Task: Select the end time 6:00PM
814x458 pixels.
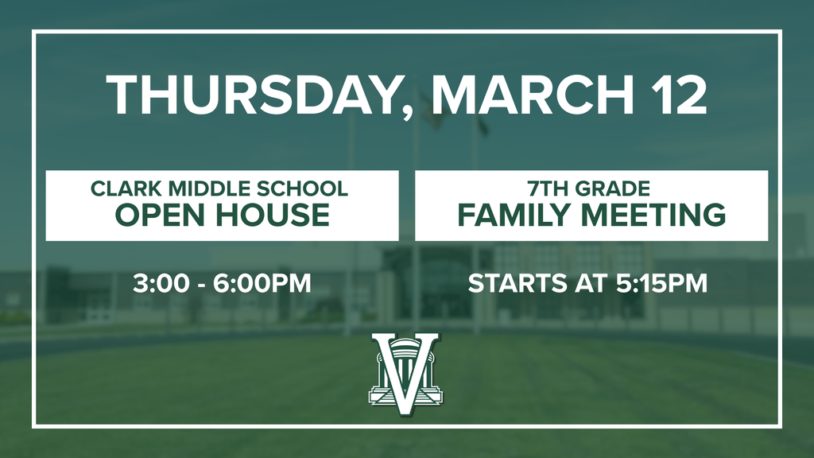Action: (263, 282)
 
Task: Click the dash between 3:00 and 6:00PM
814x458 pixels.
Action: (202, 283)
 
